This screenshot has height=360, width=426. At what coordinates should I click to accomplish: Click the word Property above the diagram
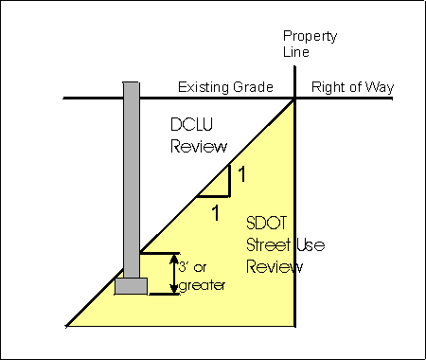[309, 37]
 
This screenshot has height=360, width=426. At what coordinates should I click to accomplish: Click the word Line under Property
[296, 53]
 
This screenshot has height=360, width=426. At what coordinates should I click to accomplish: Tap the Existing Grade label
[225, 88]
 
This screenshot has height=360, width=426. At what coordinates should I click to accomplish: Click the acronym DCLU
[194, 127]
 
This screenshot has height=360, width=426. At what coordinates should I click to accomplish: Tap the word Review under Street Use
[275, 266]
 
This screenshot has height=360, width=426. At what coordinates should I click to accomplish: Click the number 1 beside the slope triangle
[241, 174]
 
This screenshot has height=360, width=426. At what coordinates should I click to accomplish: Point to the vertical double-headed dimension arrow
[170, 273]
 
